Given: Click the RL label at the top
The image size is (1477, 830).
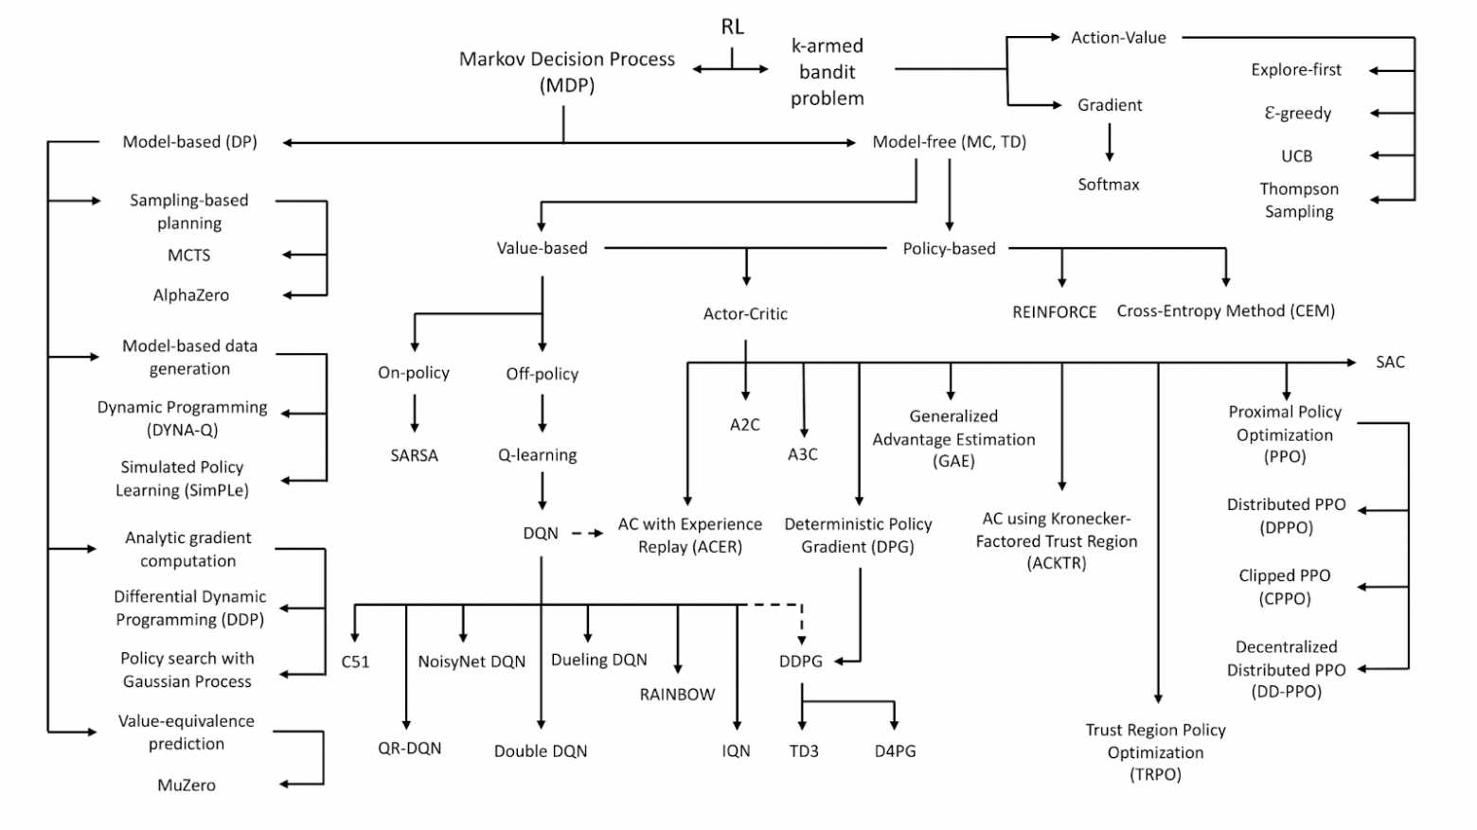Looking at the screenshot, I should (732, 26).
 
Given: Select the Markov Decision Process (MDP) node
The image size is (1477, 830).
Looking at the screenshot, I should (566, 72).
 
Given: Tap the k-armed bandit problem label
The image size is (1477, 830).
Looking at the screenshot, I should (827, 72).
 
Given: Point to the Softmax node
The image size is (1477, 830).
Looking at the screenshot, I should (1109, 185).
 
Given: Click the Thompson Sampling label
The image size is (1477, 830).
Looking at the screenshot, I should (1299, 201).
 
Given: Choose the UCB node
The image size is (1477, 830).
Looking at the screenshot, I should (1296, 156).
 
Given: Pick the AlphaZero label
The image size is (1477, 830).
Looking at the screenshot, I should (190, 295).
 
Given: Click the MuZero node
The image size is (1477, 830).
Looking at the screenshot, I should (187, 786).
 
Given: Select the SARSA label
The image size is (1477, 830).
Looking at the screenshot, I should (414, 455).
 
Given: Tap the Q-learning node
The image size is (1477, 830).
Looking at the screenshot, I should (538, 455).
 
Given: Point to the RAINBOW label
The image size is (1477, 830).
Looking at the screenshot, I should (677, 695).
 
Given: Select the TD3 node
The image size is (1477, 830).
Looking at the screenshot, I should (804, 751).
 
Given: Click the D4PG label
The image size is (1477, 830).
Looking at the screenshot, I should (895, 751).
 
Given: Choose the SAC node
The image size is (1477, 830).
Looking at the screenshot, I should (1390, 362).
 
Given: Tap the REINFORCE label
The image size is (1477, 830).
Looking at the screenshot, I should (1054, 312).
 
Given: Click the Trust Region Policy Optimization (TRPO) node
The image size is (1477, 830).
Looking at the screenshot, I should (1155, 752).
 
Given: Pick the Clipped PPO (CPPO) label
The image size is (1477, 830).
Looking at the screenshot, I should (1285, 587).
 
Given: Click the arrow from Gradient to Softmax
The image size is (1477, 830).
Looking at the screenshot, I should (1109, 143).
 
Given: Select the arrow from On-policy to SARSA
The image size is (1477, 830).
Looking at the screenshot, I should (414, 413).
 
